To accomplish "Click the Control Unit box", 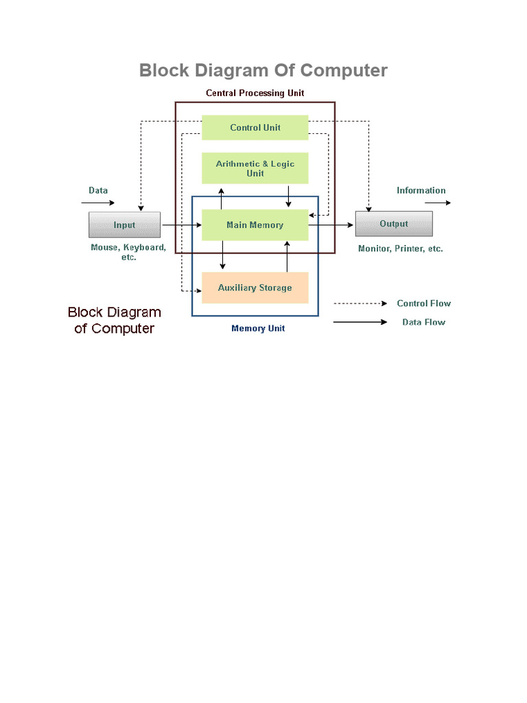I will click(x=255, y=128).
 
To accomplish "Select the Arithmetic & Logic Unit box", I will click(x=255, y=168).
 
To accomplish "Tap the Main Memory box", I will click(x=255, y=225).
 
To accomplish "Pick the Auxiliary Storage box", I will click(x=255, y=288).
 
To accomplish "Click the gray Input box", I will click(x=124, y=224).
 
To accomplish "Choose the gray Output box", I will click(x=393, y=224).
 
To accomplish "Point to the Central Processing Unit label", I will click(x=255, y=93).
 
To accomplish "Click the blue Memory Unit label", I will click(x=258, y=328).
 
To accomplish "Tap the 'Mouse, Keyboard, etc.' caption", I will click(x=128, y=252).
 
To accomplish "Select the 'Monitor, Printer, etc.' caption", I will click(x=400, y=249).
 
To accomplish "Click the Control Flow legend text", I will click(x=423, y=303).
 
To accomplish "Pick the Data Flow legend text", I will click(x=423, y=322).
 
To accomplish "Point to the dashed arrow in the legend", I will click(x=360, y=303).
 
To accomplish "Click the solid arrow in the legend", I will click(x=360, y=322).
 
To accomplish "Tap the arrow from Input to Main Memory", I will click(x=181, y=225).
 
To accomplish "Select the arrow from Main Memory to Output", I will click(x=331, y=225).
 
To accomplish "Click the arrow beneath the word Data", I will click(x=98, y=203).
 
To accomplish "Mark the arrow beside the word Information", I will click(x=437, y=203).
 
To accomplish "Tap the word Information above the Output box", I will click(x=421, y=191).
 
